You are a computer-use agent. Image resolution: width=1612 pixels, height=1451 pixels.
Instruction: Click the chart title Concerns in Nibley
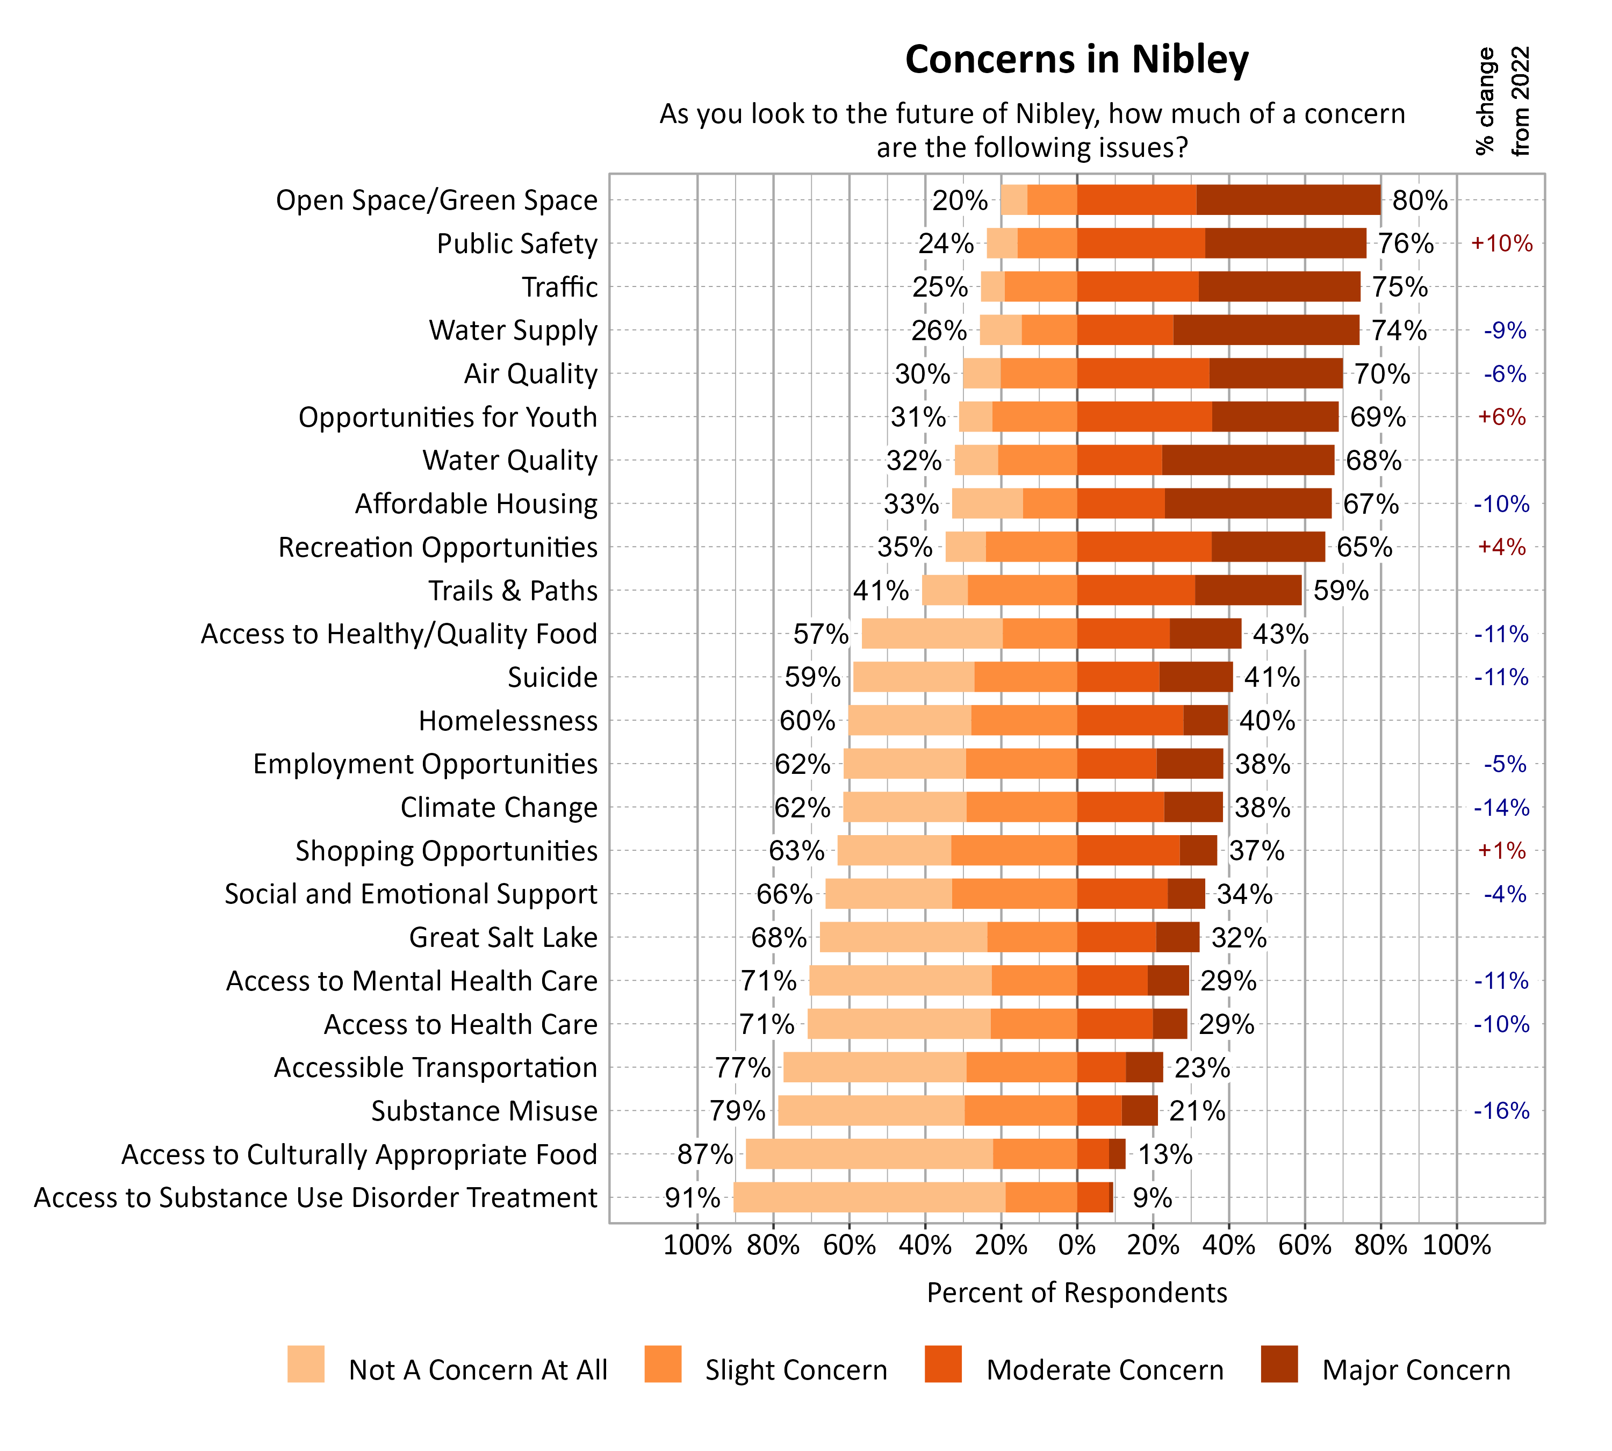(x=1076, y=60)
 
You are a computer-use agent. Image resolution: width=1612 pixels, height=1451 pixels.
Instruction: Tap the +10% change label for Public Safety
(x=1501, y=243)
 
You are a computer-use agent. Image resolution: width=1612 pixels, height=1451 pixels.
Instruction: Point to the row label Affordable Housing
(x=476, y=504)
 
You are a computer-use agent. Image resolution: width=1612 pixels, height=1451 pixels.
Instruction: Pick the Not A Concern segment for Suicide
(x=913, y=677)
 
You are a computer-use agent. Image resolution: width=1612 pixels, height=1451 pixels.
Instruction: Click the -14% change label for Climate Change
(x=1501, y=808)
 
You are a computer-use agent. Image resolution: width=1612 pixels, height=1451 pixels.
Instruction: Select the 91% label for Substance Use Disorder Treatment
(x=692, y=1197)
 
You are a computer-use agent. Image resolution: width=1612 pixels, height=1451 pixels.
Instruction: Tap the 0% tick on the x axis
(x=1076, y=1245)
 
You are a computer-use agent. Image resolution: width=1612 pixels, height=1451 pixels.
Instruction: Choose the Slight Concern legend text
(x=796, y=1370)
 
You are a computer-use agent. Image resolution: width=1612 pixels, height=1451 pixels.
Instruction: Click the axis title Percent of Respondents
(x=1076, y=1292)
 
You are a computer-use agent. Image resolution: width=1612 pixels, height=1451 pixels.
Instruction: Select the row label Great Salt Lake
(x=503, y=938)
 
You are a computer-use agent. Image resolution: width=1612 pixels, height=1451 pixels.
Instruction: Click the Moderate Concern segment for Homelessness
(x=1129, y=720)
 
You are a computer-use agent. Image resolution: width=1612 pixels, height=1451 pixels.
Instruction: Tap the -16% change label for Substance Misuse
(x=1501, y=1111)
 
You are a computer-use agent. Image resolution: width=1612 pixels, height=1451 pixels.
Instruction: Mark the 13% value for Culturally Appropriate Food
(x=1165, y=1154)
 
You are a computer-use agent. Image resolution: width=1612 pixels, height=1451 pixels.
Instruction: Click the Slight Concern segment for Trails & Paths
(x=1022, y=590)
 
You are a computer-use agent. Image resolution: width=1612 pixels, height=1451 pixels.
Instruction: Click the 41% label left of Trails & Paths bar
(x=880, y=591)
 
